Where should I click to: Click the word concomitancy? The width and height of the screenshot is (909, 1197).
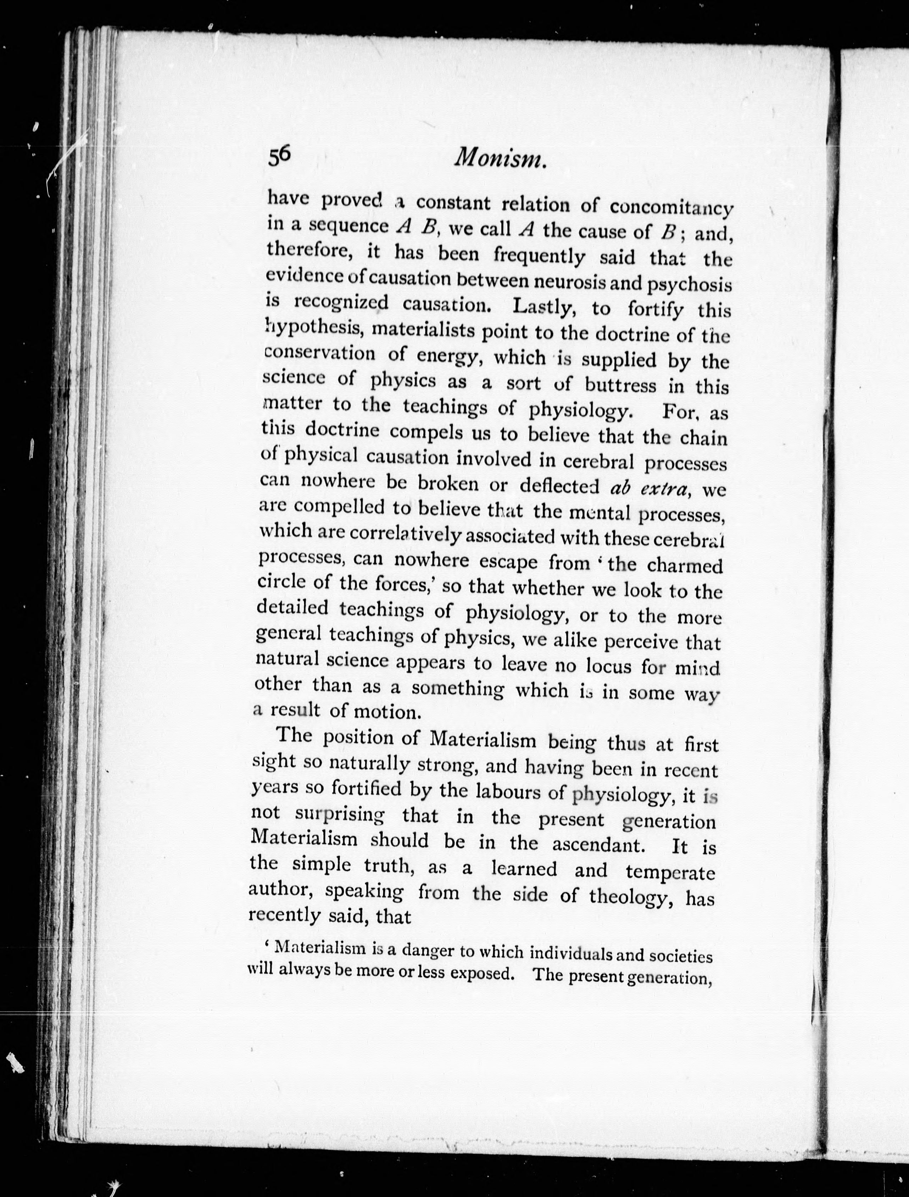point(671,208)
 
